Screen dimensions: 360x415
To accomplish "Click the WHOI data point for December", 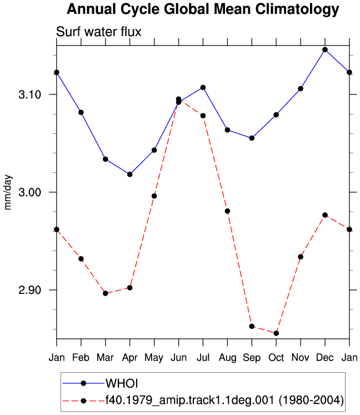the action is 325,50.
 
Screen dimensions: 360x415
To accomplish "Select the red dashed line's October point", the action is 276,333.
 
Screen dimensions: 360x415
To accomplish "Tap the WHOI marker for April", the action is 129,174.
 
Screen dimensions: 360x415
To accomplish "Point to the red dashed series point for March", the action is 106,293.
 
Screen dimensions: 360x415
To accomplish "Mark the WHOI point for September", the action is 252,138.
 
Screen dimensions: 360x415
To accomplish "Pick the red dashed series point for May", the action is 154,196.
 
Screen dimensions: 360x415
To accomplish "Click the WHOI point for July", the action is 203,88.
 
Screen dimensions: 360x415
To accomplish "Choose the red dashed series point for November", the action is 301,257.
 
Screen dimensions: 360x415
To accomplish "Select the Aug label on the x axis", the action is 227,358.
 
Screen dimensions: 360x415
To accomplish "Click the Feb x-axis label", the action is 81,357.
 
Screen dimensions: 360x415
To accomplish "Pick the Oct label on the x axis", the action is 276,357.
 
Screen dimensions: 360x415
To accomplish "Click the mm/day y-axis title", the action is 8,192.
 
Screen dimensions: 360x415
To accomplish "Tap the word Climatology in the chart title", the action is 297,9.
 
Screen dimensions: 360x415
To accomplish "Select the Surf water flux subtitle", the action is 99,32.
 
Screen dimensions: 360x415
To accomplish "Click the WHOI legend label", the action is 122,383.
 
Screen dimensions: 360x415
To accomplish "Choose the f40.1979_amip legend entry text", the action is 225,400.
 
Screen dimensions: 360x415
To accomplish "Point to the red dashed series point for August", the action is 227,211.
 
